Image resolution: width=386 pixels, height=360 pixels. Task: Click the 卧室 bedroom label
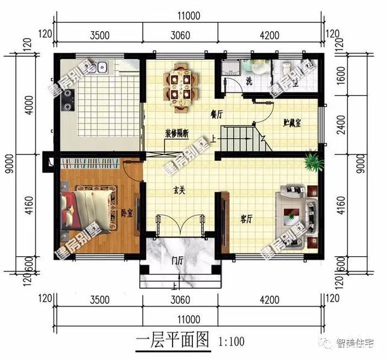point(127,212)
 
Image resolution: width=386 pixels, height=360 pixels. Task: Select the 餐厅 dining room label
point(217,113)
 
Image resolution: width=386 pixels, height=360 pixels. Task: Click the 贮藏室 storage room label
point(293,122)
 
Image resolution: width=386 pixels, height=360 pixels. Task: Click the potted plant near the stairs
point(311,160)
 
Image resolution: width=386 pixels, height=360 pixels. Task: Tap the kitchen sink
point(99,66)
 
